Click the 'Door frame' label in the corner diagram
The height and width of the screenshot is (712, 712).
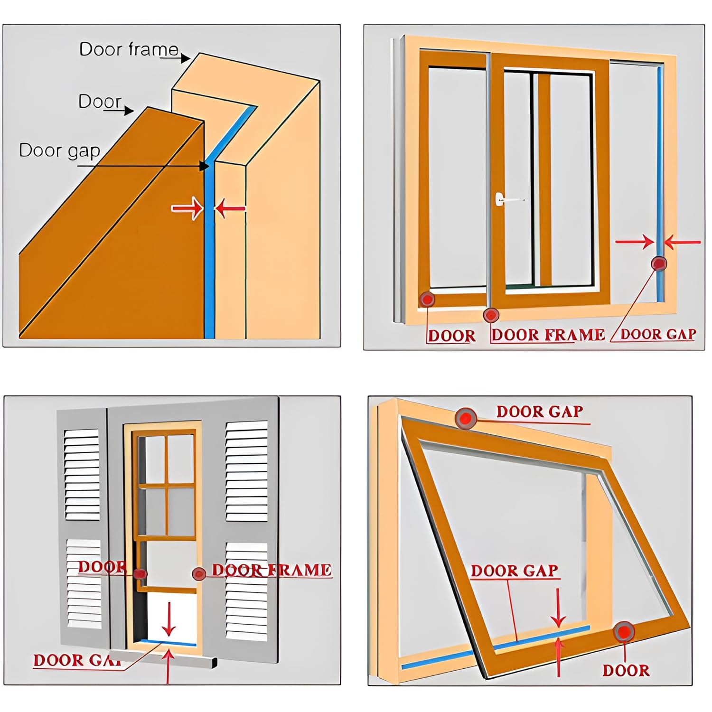coord(129,49)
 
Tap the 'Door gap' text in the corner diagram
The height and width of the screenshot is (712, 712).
coord(59,150)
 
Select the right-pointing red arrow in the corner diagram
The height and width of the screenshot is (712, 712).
coord(187,208)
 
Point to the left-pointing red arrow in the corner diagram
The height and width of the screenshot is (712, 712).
coord(230,208)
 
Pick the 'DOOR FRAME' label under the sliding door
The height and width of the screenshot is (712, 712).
coord(548,335)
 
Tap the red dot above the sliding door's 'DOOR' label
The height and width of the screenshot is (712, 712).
coord(428,299)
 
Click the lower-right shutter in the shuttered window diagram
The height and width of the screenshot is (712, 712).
coord(246,591)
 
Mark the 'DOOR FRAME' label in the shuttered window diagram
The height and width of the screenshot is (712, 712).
coord(272,570)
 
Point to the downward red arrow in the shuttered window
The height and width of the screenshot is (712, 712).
coord(169,619)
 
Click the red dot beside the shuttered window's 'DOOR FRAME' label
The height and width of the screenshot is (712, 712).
coord(199,574)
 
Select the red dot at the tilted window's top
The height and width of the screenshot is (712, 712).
coord(466,418)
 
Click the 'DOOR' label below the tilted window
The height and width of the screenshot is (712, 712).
coord(626,670)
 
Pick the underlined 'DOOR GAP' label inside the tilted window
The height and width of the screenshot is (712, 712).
coord(514,571)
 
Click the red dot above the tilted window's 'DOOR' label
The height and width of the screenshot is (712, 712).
coord(624,632)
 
